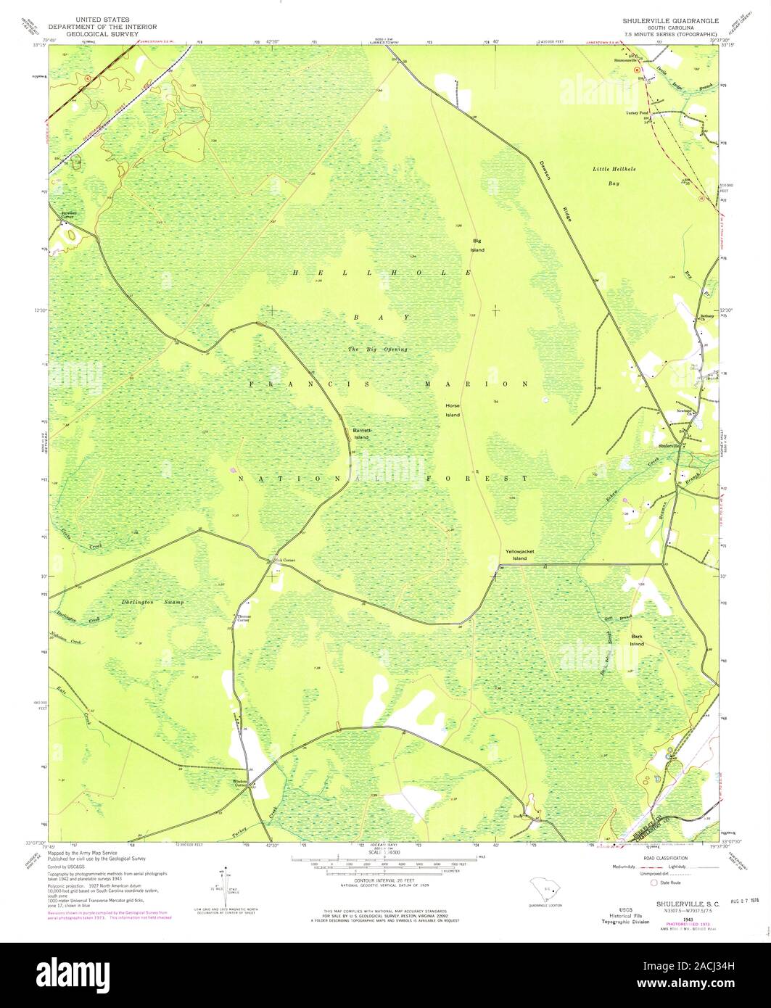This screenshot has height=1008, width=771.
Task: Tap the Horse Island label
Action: pos(453,410)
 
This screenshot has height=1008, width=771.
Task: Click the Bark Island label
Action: pos(637,640)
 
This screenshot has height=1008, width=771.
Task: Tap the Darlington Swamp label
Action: pos(152,603)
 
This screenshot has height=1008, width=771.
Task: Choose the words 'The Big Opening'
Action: pos(377,350)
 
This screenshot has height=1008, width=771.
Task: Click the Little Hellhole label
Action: pos(614,168)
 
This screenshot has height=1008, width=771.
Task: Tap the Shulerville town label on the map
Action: pos(671,445)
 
